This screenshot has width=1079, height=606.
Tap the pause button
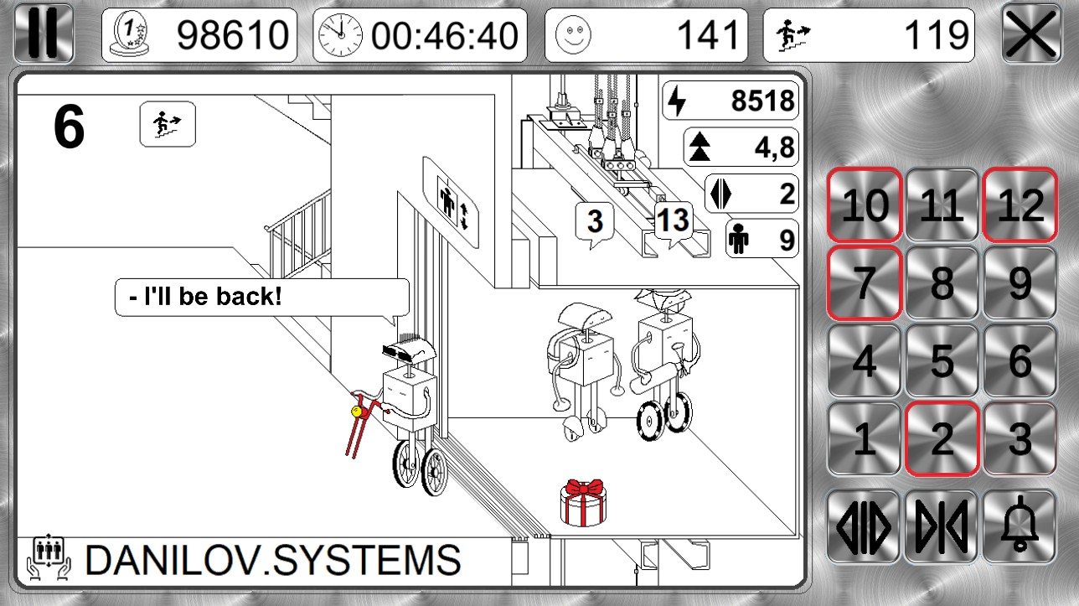tap(44, 34)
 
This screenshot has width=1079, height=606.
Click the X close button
tap(1031, 34)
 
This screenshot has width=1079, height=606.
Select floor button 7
tap(865, 283)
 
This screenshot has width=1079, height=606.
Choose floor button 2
tap(942, 438)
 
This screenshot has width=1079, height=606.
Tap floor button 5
tap(942, 361)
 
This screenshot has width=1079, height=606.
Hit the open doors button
tap(864, 527)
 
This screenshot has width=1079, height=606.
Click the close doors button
tap(942, 527)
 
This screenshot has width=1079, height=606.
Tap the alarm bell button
tap(1020, 527)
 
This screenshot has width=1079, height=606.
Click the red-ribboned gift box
tap(584, 502)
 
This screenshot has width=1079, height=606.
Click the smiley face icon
tap(573, 34)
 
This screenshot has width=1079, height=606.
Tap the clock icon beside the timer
tap(341, 34)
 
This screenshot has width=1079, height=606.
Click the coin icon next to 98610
tap(129, 34)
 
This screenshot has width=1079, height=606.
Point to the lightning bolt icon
tap(677, 101)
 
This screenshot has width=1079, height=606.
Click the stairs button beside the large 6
tap(168, 124)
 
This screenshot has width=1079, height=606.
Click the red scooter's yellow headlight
tap(357, 412)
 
